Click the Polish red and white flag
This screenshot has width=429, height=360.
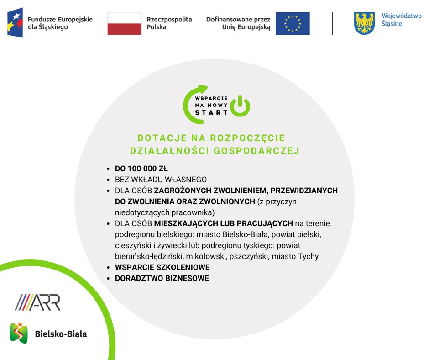tap(125, 23)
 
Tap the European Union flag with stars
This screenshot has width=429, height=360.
tap(293, 23)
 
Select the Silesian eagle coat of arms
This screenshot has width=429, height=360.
tap(364, 23)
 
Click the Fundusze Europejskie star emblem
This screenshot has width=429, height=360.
tap(15, 22)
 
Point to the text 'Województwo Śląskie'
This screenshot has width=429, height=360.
tap(401, 20)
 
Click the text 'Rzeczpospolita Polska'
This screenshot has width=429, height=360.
tap(169, 23)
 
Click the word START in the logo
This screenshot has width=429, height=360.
tap(211, 112)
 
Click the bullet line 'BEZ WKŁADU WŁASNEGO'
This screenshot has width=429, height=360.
tap(161, 180)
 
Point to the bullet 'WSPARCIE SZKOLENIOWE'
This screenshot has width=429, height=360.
tap(162, 267)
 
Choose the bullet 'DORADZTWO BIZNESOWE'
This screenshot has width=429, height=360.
tap(162, 278)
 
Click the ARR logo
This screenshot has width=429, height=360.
tap(37, 302)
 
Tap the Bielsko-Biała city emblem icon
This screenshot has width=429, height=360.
tap(19, 333)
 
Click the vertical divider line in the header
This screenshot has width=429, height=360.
tap(332, 23)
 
